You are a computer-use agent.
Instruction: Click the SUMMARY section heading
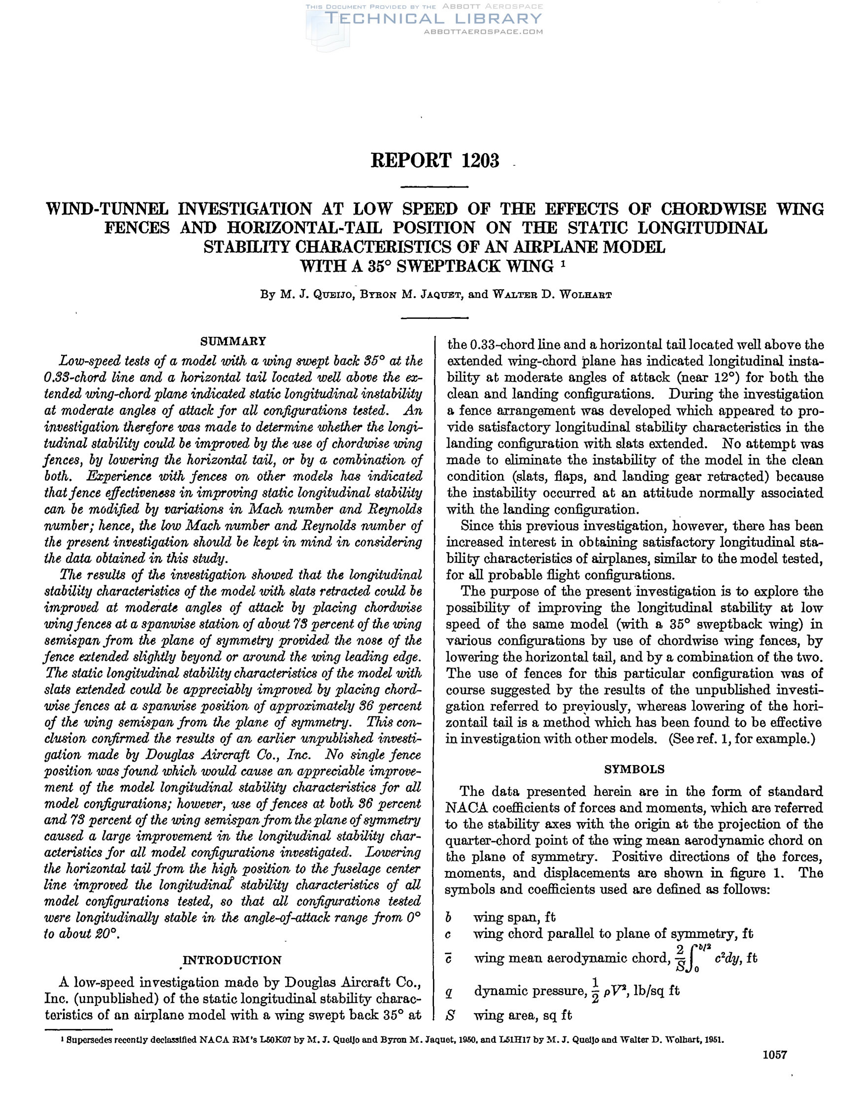point(233,341)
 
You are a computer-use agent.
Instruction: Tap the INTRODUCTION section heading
point(232,960)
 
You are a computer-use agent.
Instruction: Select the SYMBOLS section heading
point(634,769)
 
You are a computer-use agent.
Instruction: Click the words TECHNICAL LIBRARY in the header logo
point(434,19)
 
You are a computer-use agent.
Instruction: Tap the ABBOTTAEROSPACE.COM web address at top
point(484,32)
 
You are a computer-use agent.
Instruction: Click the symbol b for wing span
point(449,917)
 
